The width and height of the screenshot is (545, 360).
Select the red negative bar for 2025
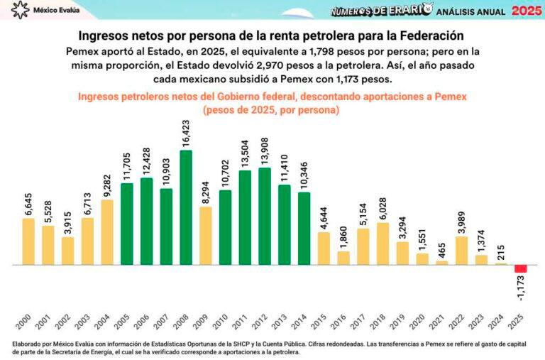(x=520, y=268)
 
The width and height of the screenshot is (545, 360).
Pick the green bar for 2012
(x=265, y=216)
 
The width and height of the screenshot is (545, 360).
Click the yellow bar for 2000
(x=28, y=241)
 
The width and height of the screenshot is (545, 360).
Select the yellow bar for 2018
(x=382, y=244)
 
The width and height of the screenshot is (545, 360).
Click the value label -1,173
(x=521, y=288)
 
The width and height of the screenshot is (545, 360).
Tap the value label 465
(x=441, y=250)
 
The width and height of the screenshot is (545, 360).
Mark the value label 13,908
(x=265, y=151)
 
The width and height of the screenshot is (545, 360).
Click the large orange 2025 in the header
(x=526, y=11)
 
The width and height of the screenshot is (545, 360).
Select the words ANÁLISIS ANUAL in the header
(x=471, y=11)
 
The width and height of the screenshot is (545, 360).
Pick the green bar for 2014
(x=304, y=229)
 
